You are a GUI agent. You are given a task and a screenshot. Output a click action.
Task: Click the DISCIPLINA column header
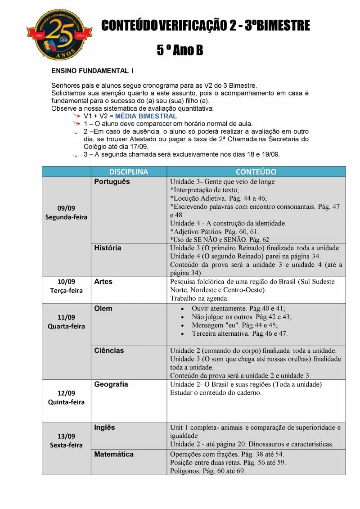pos(128,172)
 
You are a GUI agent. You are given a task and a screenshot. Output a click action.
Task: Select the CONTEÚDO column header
pos(256,172)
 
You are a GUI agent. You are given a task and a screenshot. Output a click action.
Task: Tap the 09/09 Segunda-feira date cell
pos(66,212)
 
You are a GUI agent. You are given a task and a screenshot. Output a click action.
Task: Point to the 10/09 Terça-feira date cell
pos(66,286)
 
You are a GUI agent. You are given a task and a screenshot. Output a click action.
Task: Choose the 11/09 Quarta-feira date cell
pos(66,322)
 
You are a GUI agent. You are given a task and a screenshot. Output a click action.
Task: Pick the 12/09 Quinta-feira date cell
pos(66,397)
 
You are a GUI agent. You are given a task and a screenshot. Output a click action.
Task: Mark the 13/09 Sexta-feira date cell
pos(66,441)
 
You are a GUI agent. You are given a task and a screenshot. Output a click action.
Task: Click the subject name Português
pos(112,181)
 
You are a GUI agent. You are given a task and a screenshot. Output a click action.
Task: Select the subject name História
pos(108,248)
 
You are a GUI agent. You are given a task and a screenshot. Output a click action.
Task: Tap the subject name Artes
pos(103,281)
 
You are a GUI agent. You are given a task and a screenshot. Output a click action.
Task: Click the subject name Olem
pos(103,309)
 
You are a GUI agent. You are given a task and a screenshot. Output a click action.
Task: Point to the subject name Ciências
pos(109,350)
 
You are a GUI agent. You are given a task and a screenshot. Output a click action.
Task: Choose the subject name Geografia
pos(111,384)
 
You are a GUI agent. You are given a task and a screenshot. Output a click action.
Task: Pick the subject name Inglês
pos(104,427)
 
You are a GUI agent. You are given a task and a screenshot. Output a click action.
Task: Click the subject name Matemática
pos(114,454)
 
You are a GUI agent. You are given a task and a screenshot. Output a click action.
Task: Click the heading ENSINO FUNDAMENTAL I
pos(92,71)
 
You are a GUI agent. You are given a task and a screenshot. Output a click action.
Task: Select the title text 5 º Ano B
pos(180,50)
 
